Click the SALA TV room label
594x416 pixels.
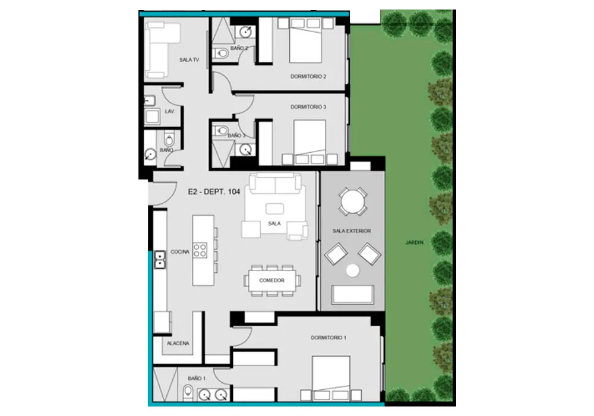pyautogui.click(x=189, y=60)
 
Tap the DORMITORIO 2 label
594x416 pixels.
pyautogui.click(x=308, y=77)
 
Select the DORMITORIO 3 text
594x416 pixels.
pyautogui.click(x=308, y=107)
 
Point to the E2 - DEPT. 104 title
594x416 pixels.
pyautogui.click(x=214, y=192)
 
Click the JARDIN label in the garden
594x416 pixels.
pyautogui.click(x=415, y=242)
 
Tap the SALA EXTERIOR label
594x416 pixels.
pyautogui.click(x=352, y=231)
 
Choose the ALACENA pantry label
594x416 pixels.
pyautogui.click(x=178, y=343)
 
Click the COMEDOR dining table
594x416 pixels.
pyautogui.click(x=271, y=281)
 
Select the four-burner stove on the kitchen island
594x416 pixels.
pyautogui.click(x=200, y=250)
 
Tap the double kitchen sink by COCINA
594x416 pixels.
pyautogui.click(x=160, y=260)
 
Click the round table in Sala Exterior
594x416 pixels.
pyautogui.click(x=352, y=201)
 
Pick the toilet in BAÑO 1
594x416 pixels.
pyautogui.click(x=188, y=392)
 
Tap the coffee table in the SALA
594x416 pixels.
pyautogui.click(x=274, y=209)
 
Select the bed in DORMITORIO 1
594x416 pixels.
pyautogui.click(x=331, y=378)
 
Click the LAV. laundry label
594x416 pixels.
pyautogui.click(x=170, y=112)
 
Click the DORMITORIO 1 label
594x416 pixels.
pyautogui.click(x=328, y=338)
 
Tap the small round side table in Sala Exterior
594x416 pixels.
pyautogui.click(x=353, y=270)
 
